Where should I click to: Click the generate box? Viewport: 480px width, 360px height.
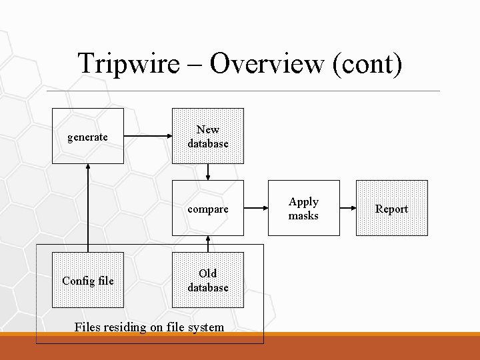point(87,137)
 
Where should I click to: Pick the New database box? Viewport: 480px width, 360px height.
point(208,136)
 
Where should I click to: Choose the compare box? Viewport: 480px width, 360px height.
point(208,209)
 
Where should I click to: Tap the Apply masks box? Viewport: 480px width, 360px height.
point(303,209)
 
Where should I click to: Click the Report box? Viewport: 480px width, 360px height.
point(391,209)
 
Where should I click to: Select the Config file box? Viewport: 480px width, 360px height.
point(87,281)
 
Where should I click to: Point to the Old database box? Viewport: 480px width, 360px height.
point(208,280)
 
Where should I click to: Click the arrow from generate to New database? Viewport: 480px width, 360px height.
point(147,137)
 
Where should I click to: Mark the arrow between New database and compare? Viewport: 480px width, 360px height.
point(208,172)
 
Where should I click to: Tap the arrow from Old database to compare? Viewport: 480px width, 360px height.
point(208,244)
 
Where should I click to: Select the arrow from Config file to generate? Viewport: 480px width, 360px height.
point(87,207)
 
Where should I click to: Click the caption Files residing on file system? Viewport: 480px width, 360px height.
point(149,327)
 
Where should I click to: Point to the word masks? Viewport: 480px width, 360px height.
point(303,216)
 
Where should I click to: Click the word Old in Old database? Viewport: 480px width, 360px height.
point(208,273)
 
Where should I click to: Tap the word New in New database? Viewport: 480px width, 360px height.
point(208,129)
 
